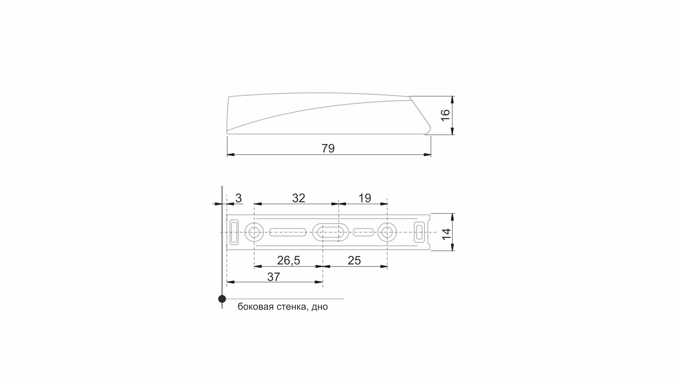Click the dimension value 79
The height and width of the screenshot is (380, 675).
click(328, 149)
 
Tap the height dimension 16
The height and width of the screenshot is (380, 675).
click(445, 115)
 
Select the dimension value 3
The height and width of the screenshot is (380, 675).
click(238, 198)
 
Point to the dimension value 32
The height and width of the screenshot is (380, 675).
click(299, 198)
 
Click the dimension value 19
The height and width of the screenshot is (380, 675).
click(365, 198)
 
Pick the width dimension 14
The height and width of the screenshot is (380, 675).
click(446, 234)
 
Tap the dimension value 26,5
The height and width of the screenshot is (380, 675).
click(288, 261)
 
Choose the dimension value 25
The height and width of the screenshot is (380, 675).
click(354, 261)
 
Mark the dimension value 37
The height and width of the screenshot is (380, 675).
click(274, 277)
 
